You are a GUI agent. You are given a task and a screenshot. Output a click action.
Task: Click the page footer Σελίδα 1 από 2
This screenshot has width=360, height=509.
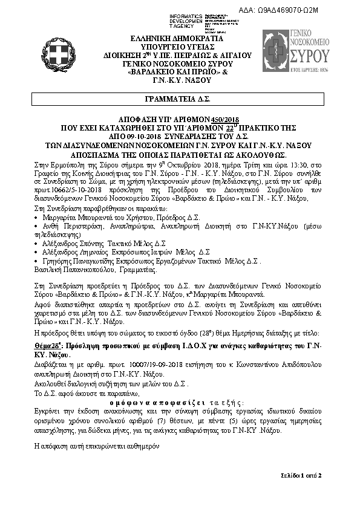point(301,476)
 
